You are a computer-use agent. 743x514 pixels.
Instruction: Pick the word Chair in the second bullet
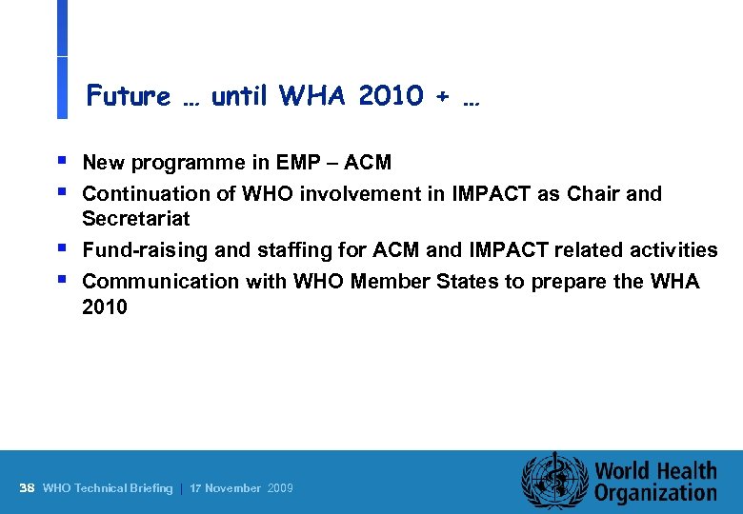[593, 194]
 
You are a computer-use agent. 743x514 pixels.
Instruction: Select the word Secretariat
[136, 219]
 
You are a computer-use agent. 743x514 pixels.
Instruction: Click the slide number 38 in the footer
[27, 488]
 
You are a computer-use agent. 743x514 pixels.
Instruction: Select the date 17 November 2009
[242, 488]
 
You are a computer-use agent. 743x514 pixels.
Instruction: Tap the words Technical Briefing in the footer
[123, 488]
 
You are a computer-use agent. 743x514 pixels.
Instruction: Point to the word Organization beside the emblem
[655, 493]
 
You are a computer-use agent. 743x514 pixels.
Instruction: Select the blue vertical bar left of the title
[62, 59]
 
